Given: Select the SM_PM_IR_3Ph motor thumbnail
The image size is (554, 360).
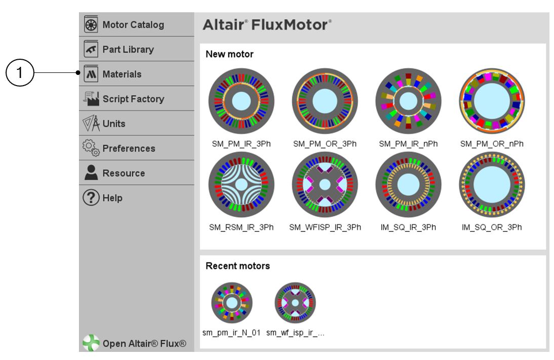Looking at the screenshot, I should click(x=241, y=101).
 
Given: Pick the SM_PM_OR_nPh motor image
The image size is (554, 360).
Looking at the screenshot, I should click(x=491, y=101).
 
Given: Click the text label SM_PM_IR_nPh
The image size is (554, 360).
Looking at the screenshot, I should click(x=408, y=144).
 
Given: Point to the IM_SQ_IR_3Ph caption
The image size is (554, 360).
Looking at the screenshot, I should click(x=408, y=226).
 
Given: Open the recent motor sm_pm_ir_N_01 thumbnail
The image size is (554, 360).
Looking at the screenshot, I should click(x=231, y=303).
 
